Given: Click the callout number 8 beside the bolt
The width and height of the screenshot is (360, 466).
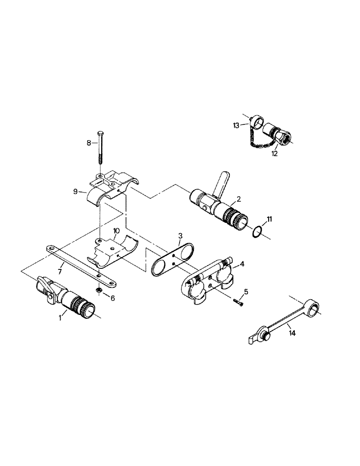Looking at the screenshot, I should pyautogui.click(x=89, y=144).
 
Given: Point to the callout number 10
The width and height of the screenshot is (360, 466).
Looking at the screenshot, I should pyautogui.click(x=117, y=231).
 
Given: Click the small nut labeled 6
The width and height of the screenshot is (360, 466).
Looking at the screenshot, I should pyautogui.click(x=99, y=290).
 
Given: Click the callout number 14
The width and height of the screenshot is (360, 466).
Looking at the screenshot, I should pyautogui.click(x=291, y=333).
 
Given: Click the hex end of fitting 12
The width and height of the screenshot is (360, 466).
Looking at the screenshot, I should pyautogui.click(x=284, y=137).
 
